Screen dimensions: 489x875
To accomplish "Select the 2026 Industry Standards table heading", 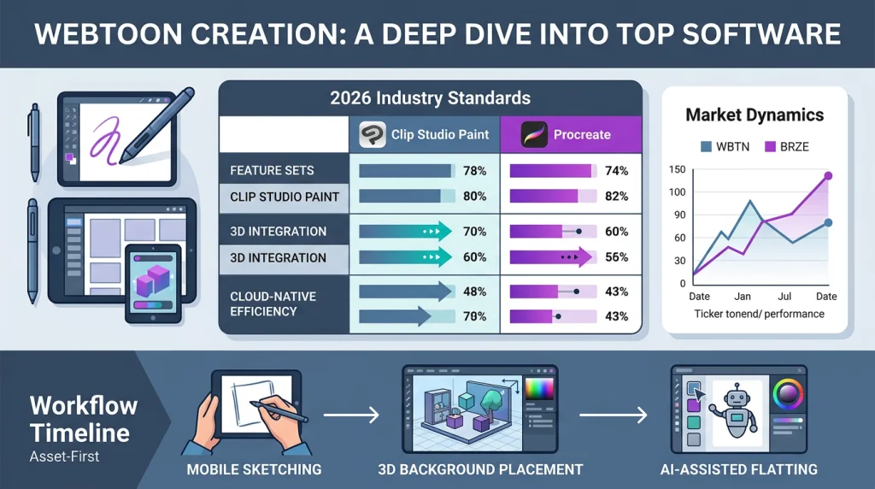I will (x=430, y=97).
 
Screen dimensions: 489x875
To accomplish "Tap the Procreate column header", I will (x=581, y=134).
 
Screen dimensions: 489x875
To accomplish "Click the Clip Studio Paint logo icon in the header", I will (x=373, y=134).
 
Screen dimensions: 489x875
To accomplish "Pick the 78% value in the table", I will (x=474, y=171).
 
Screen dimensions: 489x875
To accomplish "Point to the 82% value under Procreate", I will (x=615, y=197).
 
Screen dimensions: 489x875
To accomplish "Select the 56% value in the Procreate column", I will (x=615, y=257).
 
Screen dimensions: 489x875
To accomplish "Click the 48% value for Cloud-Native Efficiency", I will (x=474, y=291).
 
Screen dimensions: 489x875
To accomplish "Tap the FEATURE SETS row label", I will (x=272, y=171).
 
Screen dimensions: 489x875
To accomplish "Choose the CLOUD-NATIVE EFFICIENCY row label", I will (x=273, y=303).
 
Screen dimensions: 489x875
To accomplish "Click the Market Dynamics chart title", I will (x=755, y=115).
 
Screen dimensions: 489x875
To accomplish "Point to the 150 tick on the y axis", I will (x=678, y=169).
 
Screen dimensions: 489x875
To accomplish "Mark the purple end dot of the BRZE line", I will (x=827, y=176).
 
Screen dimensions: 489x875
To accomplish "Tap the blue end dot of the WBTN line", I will (x=827, y=223).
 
